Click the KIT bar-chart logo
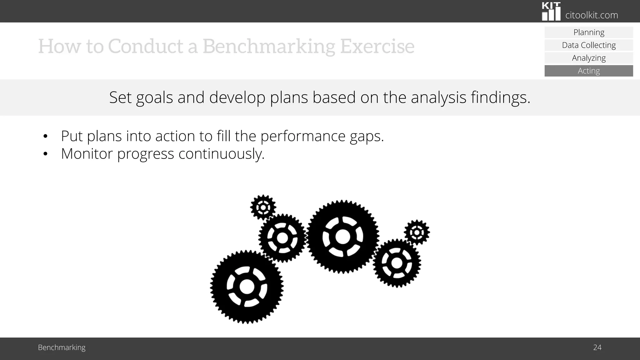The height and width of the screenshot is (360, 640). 551,12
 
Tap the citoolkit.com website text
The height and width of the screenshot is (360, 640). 592,15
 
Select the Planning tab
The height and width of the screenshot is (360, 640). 589,32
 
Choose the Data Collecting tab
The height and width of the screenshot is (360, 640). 589,45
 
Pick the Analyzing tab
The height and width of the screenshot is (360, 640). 589,58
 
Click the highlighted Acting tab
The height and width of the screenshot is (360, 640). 589,71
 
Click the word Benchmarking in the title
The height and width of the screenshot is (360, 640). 269,46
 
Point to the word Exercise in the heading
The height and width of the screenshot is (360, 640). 377,46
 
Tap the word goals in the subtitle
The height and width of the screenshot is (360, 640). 154,97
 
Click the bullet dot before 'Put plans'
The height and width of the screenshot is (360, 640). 45,136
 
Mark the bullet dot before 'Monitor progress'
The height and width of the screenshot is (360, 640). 45,154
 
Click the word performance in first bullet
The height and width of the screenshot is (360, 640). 302,136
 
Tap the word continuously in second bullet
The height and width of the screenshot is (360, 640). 221,154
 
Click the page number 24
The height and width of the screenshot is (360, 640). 597,347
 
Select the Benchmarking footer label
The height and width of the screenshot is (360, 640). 62,347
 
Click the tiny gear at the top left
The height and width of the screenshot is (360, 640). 263,207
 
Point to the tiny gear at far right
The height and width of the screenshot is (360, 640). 417,232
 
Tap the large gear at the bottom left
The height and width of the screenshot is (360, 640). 247,287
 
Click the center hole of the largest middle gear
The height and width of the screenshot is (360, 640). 342,237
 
